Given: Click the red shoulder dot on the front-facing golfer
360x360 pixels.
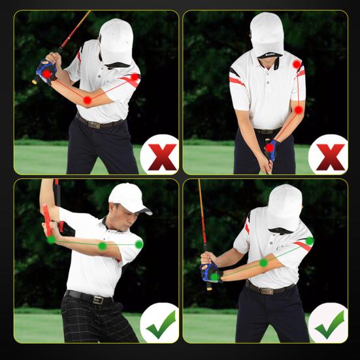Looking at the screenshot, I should click(297, 65).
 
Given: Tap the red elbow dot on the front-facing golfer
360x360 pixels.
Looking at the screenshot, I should click(299, 110).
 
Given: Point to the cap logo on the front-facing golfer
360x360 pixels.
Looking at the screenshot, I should click(267, 46).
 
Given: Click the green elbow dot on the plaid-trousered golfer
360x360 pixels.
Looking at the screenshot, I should click(103, 246).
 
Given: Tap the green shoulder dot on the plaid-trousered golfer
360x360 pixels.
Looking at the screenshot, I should click(139, 244).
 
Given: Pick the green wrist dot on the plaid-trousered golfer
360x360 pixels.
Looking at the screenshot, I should click(52, 239).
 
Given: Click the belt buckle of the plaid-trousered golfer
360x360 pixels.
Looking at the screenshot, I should click(99, 299).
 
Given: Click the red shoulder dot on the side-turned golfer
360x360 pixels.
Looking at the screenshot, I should click(135, 77).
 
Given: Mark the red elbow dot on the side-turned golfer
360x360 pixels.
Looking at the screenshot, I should click(87, 100).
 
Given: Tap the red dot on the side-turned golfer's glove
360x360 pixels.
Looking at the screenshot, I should click(47, 74).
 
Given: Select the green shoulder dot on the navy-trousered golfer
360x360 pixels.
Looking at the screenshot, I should click(310, 241).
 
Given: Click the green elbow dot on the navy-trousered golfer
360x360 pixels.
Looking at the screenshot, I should click(263, 263).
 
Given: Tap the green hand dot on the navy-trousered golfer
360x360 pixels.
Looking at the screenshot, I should click(214, 277).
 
